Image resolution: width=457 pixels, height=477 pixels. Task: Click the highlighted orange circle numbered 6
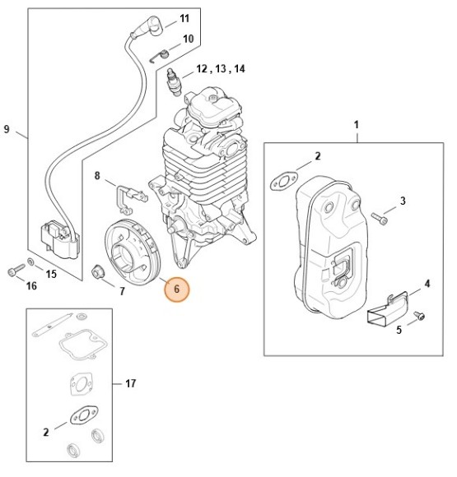point(177,289)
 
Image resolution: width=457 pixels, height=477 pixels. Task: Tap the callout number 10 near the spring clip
point(188,39)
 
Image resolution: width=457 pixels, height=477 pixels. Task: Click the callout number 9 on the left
point(7,129)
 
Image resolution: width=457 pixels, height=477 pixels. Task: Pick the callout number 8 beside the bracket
point(97,175)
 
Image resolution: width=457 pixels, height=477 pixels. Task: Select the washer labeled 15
point(30,262)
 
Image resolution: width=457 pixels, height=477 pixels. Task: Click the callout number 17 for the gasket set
point(130,383)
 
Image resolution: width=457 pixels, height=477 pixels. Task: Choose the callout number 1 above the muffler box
point(356,124)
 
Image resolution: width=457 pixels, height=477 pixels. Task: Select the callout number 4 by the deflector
point(427,285)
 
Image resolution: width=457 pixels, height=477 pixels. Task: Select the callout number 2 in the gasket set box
point(45,431)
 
